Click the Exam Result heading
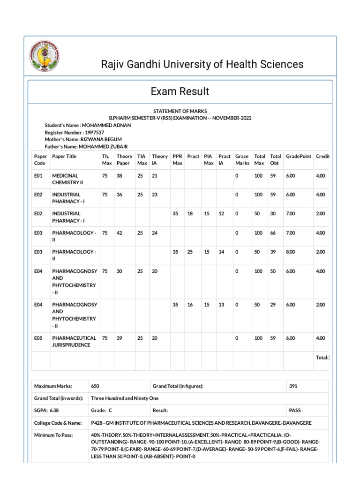click(180, 91)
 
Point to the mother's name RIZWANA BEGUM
click(106, 140)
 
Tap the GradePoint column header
click(298, 156)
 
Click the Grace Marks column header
click(242, 159)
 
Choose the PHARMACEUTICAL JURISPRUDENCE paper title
click(75, 341)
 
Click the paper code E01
click(38, 175)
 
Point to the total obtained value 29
click(274, 305)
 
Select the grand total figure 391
click(293, 386)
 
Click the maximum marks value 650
click(95, 386)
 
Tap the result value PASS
click(295, 411)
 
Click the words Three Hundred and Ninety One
click(125, 398)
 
